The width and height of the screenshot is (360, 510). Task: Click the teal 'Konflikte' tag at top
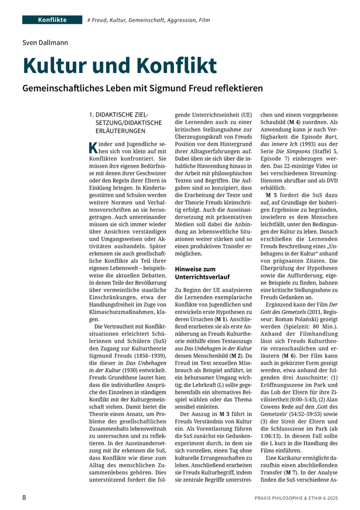52,20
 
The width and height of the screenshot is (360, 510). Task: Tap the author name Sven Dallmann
45,43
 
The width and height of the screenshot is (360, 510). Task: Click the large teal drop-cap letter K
92,148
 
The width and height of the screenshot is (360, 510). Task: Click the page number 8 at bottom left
24,497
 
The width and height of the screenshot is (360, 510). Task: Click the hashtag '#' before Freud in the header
88,21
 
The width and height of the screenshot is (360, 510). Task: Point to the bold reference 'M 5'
272,195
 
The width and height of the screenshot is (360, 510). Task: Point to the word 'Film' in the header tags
203,21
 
